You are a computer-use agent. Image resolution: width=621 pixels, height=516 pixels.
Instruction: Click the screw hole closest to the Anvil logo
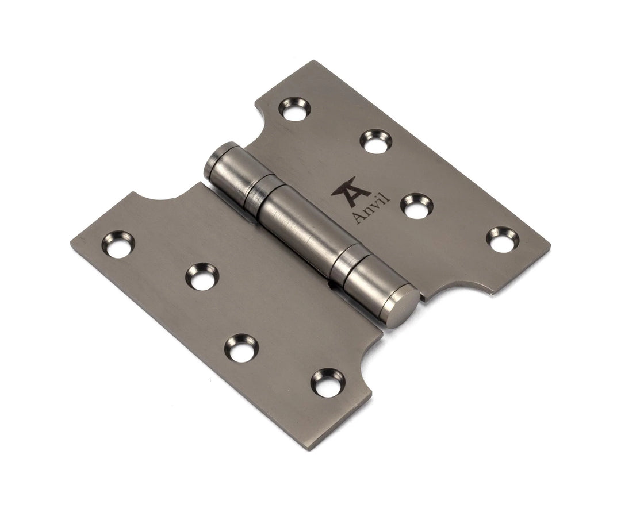[x=416, y=206]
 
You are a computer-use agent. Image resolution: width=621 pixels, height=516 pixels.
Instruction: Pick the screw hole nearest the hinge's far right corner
[x=502, y=240]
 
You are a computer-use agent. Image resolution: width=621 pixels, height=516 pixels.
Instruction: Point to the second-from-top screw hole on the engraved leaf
[x=375, y=141]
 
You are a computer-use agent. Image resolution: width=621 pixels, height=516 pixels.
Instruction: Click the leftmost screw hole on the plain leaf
[x=118, y=244]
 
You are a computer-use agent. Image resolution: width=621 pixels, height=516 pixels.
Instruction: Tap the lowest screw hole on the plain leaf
[x=328, y=383]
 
